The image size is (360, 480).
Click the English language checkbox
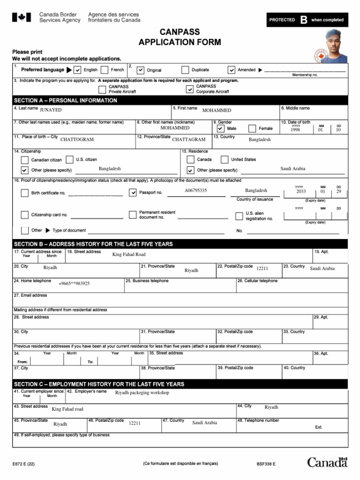pos(78,70)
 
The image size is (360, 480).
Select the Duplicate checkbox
pos(185,70)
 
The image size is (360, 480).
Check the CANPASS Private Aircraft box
pos(102,89)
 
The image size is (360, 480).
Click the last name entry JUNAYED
pos(51,110)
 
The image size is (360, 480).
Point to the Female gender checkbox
pos(252,128)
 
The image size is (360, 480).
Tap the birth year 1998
pos(295,130)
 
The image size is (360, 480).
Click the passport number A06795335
pos(195,191)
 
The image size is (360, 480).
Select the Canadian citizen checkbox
pos(25,160)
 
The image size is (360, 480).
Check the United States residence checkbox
pos(225,159)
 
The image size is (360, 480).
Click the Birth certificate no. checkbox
pos(25,193)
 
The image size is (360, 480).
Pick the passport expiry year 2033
pos(300,192)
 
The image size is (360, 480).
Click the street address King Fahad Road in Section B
pos(129,255)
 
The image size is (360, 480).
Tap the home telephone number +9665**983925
pos(74,284)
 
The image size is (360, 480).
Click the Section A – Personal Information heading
pos(66,100)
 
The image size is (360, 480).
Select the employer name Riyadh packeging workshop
pos(142,393)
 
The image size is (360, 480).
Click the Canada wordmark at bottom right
pos(327,463)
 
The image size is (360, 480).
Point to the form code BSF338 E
pos(266,464)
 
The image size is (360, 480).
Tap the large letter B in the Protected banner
pos(304,20)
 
